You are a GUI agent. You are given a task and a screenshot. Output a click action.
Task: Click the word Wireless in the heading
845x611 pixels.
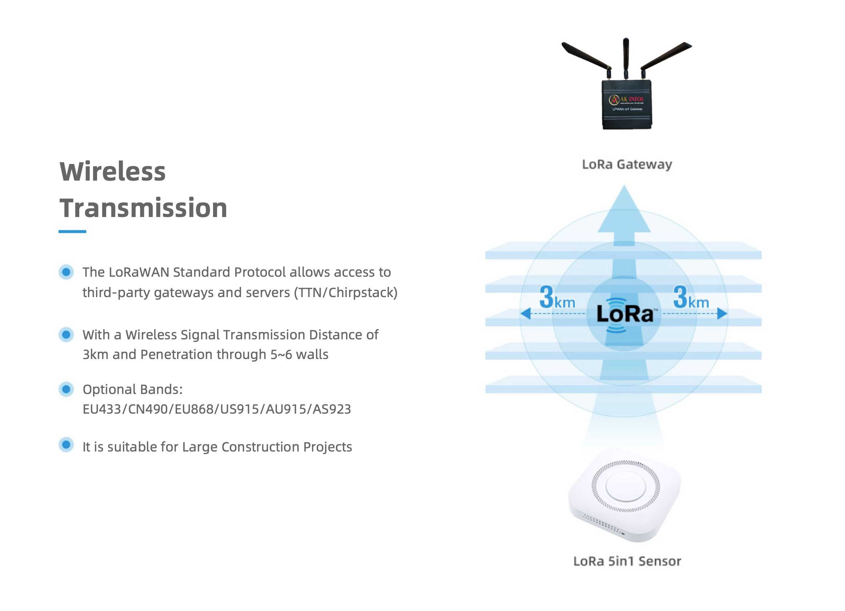[112, 172]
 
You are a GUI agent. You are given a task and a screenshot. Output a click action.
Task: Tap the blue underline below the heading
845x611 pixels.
[72, 232]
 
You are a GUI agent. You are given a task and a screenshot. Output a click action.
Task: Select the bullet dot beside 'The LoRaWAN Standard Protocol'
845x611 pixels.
[66, 272]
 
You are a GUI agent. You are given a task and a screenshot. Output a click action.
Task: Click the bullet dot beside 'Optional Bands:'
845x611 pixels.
[66, 389]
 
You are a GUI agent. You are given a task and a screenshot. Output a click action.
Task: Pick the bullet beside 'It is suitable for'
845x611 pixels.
[66, 445]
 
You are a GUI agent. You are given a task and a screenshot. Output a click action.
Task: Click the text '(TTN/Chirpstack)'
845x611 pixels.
[346, 293]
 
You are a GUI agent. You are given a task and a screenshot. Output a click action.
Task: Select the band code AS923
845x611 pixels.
[332, 409]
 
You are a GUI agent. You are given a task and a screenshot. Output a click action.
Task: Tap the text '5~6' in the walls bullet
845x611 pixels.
[281, 355]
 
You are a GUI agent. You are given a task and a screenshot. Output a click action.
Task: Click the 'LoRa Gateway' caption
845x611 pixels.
[627, 165]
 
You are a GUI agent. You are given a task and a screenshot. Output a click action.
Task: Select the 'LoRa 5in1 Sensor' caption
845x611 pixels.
[627, 561]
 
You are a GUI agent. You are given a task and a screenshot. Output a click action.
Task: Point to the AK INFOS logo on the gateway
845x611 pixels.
[626, 100]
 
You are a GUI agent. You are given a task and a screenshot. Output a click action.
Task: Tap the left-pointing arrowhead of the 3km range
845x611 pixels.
[526, 314]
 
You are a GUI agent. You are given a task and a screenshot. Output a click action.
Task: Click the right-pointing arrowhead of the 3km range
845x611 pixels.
[722, 314]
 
